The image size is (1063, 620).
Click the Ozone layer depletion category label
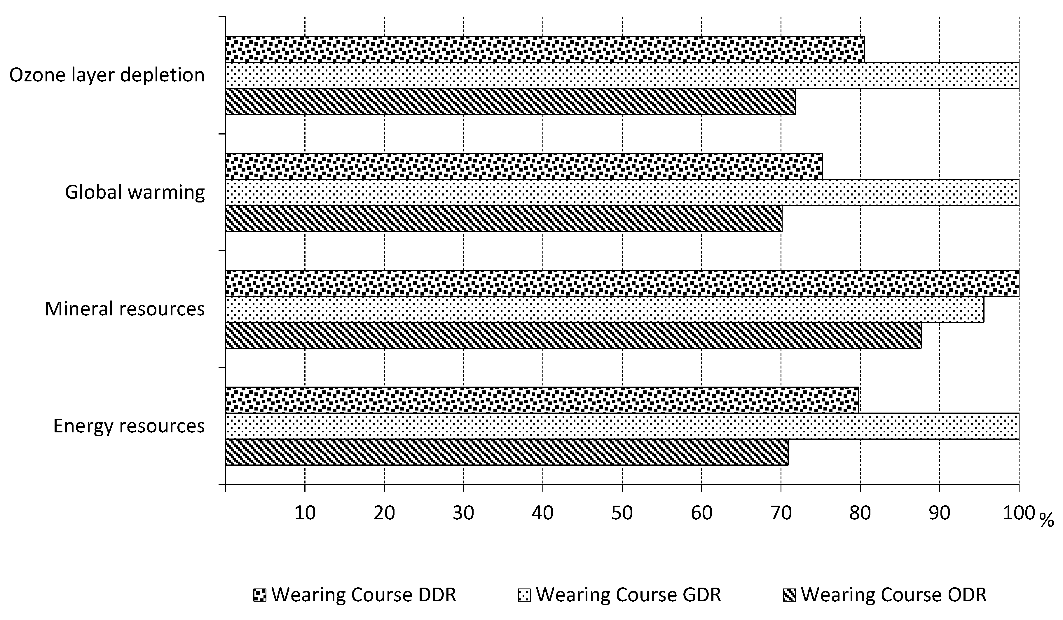(107, 75)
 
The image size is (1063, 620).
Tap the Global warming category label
(135, 192)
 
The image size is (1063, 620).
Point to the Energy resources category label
(129, 426)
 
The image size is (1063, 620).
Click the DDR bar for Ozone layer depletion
(545, 49)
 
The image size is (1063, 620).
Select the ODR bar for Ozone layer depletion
(510, 101)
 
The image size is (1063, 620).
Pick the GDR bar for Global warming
(622, 192)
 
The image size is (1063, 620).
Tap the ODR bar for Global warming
(504, 219)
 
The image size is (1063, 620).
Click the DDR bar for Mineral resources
(622, 283)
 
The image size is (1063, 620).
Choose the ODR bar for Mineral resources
(573, 335)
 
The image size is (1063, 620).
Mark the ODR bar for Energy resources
(507, 452)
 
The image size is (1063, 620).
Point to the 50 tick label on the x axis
(622, 513)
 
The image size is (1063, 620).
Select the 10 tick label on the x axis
(305, 513)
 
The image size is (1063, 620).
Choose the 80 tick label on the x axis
(860, 513)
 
